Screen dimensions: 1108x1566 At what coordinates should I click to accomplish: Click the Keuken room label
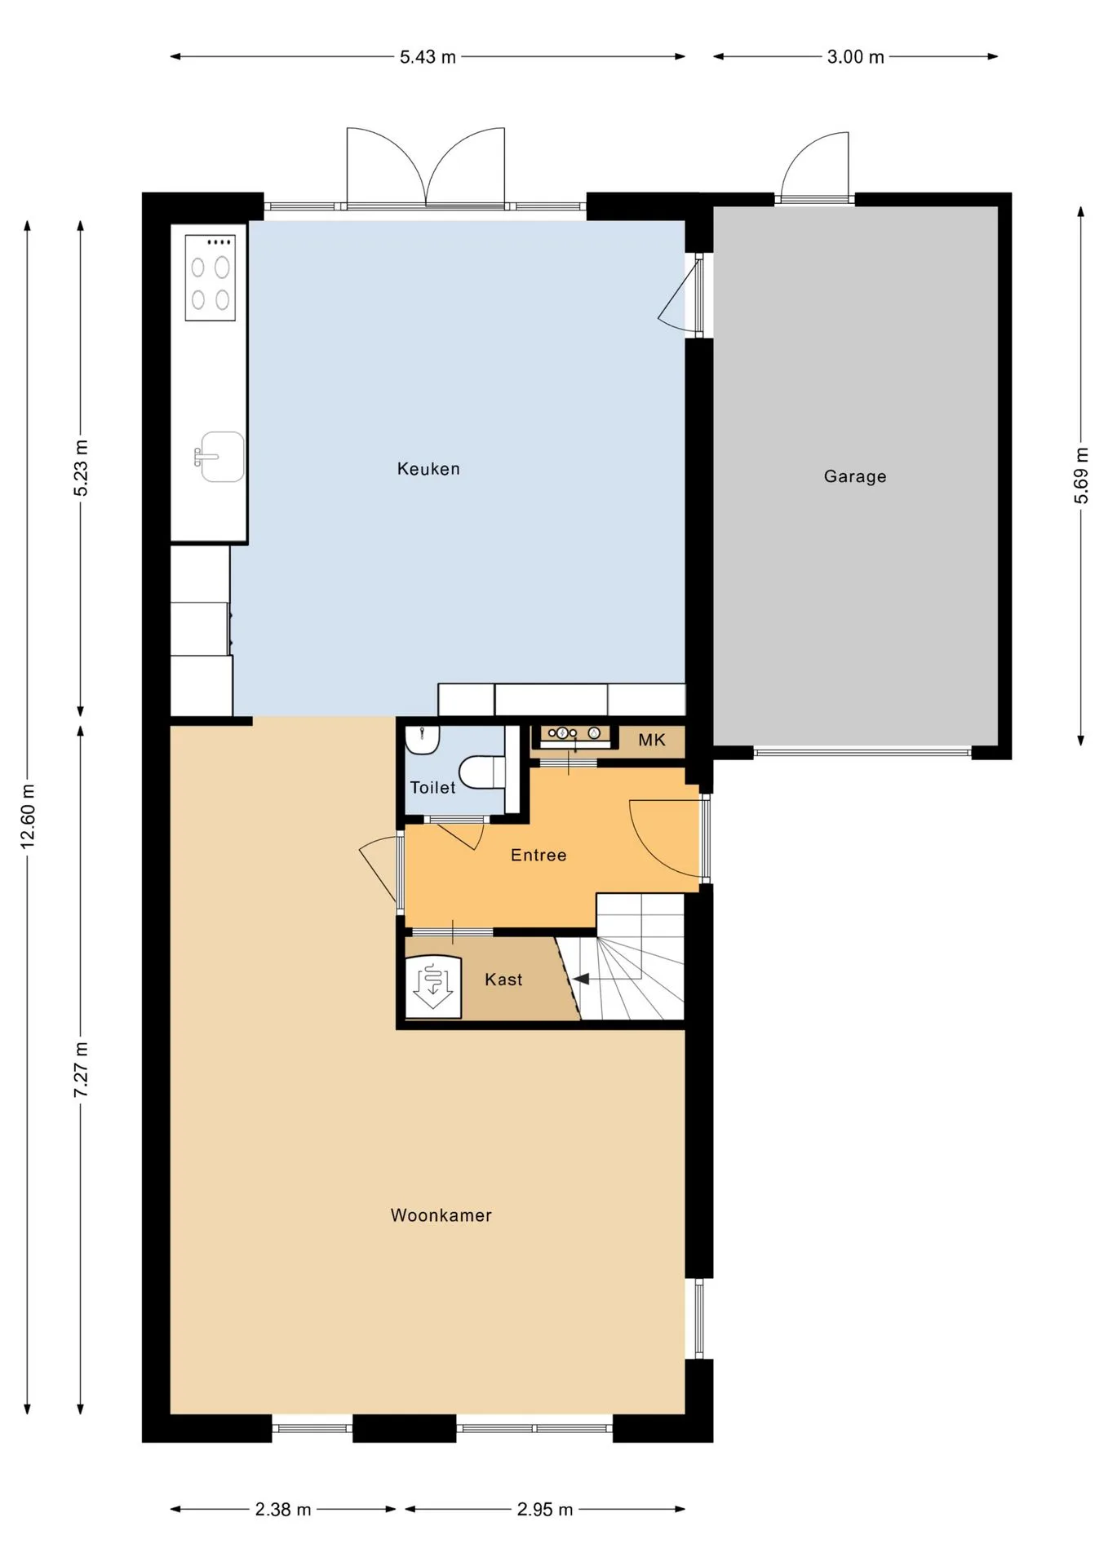point(428,469)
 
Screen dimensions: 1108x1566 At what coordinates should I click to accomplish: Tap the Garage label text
point(855,476)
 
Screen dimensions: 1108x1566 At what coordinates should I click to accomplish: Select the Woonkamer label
point(441,1215)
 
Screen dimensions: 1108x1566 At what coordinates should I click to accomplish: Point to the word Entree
point(538,855)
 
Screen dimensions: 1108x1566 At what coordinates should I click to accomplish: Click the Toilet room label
point(432,787)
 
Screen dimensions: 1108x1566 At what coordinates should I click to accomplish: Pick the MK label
point(652,740)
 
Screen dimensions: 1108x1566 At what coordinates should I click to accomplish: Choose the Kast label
point(503,980)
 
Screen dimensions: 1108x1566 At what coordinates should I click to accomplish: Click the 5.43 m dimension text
point(428,57)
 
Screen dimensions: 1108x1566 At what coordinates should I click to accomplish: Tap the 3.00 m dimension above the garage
point(856,57)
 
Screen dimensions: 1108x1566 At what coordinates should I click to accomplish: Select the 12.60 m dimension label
point(28,816)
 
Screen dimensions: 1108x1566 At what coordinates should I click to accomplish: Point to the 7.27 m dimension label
point(81,1069)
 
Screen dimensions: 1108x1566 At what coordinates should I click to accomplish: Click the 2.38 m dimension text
point(283,1510)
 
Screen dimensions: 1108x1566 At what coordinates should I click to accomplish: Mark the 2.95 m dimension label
point(545,1510)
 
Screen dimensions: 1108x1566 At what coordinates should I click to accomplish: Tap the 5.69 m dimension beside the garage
point(1081,476)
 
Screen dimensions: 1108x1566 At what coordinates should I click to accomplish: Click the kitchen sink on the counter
point(220,457)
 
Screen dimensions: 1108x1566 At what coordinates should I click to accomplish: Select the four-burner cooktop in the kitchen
point(211,277)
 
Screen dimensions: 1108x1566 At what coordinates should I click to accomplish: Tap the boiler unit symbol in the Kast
point(433,986)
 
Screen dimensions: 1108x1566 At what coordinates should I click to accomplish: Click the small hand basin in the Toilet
point(423,739)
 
